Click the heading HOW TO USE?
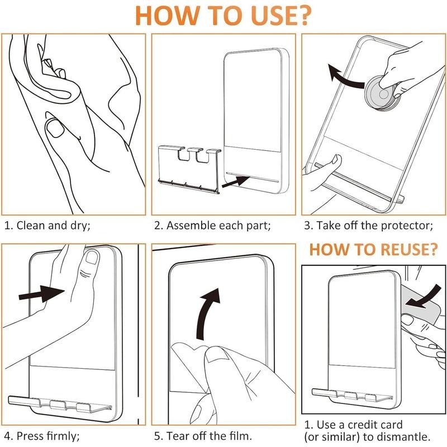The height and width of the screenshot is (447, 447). [222, 15]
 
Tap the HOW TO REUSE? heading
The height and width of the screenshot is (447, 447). [373, 249]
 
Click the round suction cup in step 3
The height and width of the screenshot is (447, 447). [382, 93]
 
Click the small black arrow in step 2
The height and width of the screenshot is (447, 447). [235, 182]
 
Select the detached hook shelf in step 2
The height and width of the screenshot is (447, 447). [189, 169]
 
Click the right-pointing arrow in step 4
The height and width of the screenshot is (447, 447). [41, 294]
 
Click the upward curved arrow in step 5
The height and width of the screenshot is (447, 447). [207, 313]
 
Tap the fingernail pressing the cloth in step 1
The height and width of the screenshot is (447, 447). [55, 129]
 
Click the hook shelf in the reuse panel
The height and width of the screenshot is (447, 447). [352, 395]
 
